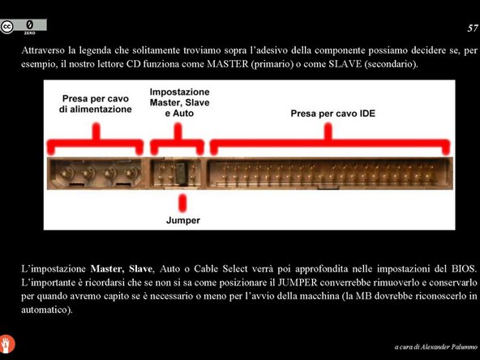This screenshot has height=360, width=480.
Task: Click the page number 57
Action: (473, 28)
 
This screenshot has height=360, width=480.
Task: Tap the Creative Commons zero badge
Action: (24, 27)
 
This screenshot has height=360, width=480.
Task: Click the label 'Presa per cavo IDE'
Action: (332, 114)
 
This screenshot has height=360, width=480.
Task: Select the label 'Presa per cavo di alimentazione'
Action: (96, 104)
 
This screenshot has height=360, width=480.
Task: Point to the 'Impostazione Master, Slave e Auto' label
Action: (180, 102)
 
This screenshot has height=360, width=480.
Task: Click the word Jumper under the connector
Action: (183, 221)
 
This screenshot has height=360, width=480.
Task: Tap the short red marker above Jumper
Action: (182, 203)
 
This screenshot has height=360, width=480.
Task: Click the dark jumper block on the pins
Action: (181, 174)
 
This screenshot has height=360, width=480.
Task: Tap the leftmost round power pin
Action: (66, 174)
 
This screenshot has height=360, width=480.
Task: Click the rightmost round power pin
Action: (131, 174)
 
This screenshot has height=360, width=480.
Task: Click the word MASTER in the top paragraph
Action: (228, 64)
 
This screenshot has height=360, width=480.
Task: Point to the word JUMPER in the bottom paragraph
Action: (298, 282)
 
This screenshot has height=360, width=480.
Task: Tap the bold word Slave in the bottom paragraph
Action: (140, 268)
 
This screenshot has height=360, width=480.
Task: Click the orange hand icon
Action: (6, 344)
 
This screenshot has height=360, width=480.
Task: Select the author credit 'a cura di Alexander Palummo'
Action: (436, 347)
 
